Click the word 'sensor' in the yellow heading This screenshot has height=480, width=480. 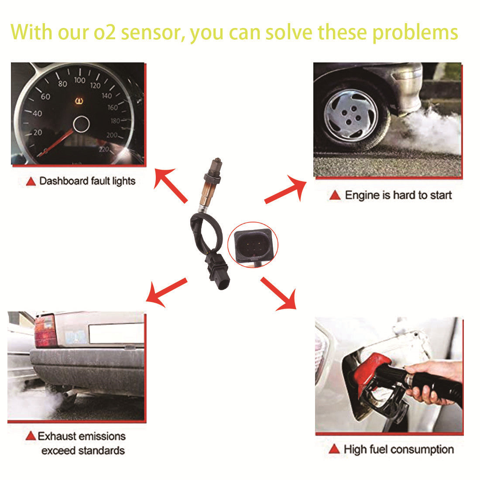(x=150, y=33)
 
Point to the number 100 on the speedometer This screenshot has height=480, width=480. (x=79, y=80)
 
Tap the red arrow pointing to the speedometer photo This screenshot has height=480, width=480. (x=170, y=185)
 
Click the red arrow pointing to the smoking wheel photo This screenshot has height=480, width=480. (x=286, y=189)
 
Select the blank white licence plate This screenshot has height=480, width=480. (x=116, y=333)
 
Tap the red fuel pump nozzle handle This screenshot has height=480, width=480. (x=371, y=370)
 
